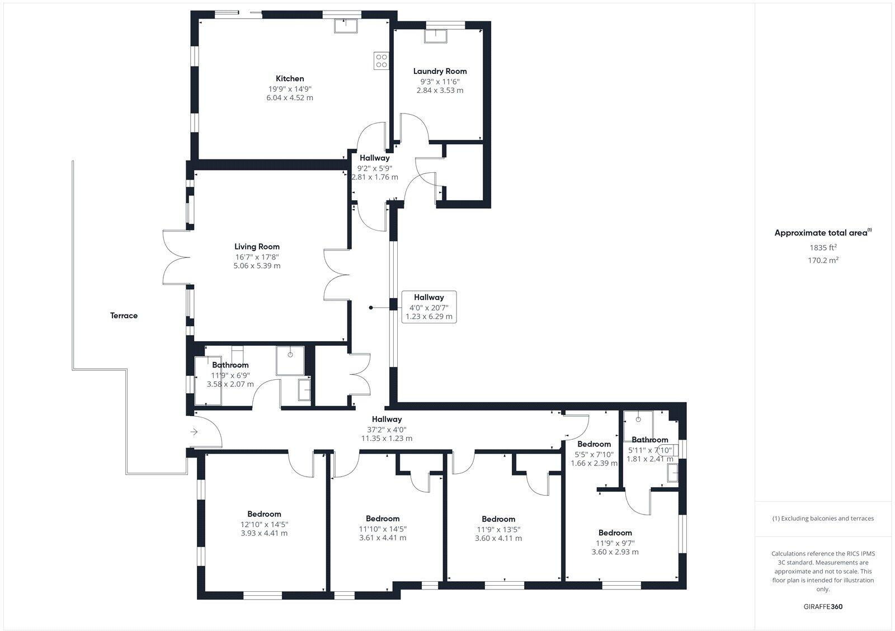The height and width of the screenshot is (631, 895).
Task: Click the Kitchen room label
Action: (x=290, y=79)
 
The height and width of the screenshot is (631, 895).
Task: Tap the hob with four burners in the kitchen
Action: (x=381, y=60)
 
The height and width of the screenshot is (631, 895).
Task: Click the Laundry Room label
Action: (x=440, y=71)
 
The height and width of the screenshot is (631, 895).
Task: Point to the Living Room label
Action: (x=257, y=247)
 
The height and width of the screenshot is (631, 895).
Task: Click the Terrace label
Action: (x=124, y=315)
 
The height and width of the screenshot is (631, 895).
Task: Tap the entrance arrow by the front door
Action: (x=194, y=432)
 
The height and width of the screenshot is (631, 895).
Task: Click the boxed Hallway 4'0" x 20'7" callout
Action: (x=429, y=307)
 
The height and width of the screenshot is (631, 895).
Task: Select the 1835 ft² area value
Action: (x=823, y=247)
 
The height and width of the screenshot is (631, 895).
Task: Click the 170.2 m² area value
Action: (x=823, y=260)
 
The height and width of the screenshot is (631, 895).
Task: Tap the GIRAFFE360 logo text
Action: (x=823, y=606)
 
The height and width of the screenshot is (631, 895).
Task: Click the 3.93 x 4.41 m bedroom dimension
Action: (x=264, y=533)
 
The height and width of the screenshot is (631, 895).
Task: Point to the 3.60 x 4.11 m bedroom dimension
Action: (x=498, y=538)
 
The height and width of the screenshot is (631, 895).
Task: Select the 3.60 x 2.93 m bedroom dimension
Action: (x=615, y=552)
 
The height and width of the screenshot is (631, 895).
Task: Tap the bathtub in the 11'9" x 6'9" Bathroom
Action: (x=208, y=380)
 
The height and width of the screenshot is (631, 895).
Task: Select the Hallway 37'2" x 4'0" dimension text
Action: (x=387, y=429)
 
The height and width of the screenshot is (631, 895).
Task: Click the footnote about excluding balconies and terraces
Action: (x=823, y=519)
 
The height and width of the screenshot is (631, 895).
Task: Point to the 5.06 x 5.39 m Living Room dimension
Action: (x=257, y=266)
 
